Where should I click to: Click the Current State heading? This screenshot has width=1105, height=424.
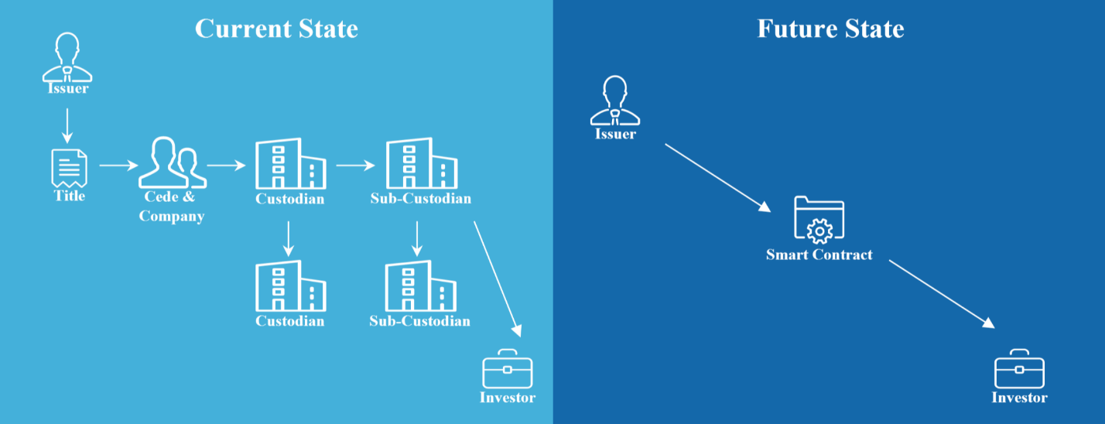276,29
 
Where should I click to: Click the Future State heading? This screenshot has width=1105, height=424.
830,29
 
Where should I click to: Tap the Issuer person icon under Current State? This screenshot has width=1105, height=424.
67,56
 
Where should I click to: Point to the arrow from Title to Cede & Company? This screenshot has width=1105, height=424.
118,165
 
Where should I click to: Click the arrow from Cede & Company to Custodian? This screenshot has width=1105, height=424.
225,165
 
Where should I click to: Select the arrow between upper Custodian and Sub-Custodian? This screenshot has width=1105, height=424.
355,165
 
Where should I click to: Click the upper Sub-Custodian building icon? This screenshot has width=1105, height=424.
420,164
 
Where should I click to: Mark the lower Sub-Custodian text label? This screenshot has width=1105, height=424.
419,320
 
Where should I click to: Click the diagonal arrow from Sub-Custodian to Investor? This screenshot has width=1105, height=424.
497,279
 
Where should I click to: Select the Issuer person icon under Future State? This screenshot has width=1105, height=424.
615,101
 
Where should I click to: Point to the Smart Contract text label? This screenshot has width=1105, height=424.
819,255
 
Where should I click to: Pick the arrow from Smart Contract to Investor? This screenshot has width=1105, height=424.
941,294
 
